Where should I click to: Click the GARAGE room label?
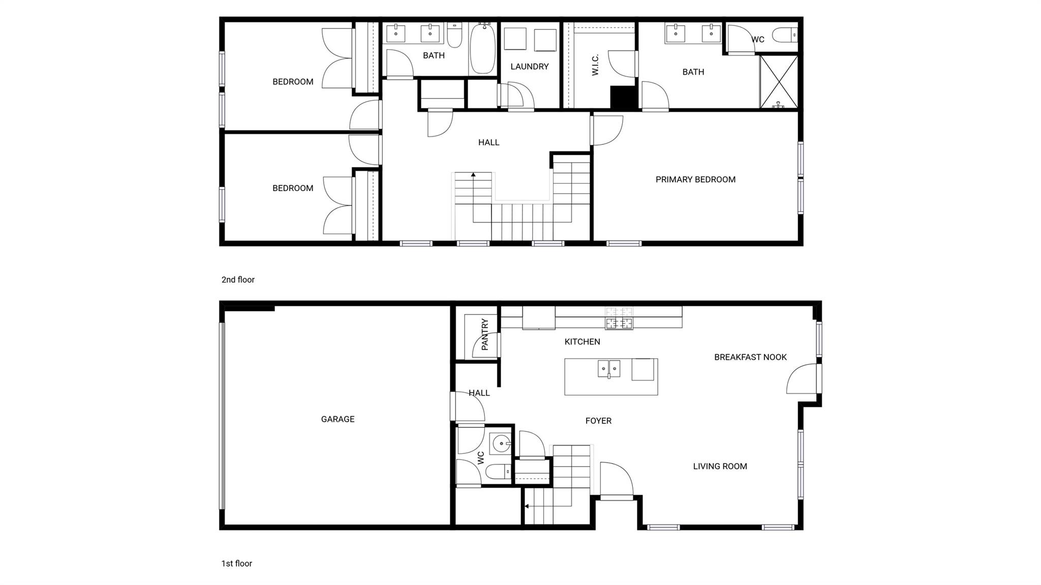(338, 419)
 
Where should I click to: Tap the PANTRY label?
(484, 334)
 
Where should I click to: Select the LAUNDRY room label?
(530, 67)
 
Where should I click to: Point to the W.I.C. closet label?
(595, 65)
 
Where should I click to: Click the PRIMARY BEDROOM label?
(695, 179)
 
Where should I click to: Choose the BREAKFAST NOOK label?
(750, 357)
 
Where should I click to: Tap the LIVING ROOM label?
(720, 466)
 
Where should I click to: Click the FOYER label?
(598, 421)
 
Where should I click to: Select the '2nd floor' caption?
(238, 280)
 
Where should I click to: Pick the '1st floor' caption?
(236, 563)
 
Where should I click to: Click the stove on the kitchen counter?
(619, 319)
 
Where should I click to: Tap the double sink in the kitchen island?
(609, 368)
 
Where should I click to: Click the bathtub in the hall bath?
(482, 48)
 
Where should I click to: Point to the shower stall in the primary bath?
(779, 82)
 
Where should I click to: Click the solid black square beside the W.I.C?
(623, 98)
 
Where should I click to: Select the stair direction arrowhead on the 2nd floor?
(473, 175)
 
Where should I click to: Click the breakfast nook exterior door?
(803, 379)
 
